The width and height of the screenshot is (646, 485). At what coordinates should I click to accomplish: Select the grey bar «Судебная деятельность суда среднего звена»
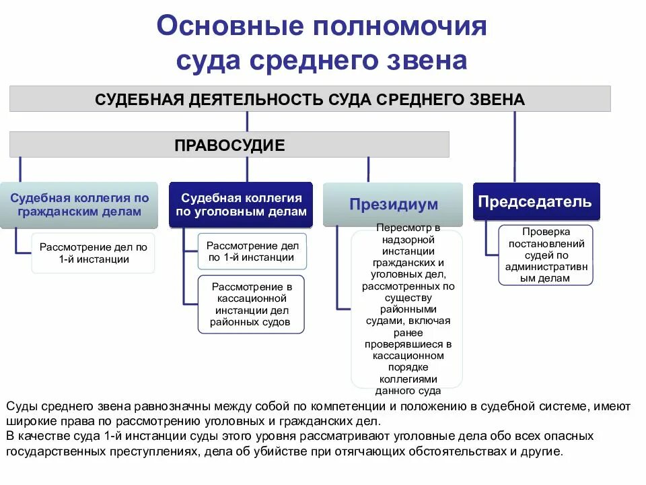point(310,99)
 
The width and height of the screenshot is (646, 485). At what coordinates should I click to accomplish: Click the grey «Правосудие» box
point(229,144)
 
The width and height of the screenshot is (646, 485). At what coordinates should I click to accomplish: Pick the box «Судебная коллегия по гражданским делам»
point(79,205)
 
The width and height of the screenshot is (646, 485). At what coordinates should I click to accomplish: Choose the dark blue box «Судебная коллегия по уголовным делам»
point(241,205)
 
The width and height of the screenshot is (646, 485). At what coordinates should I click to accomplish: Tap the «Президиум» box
point(393,204)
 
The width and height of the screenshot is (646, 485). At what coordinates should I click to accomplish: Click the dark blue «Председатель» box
point(535,201)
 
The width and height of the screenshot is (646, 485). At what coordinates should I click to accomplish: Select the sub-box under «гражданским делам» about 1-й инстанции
point(93,253)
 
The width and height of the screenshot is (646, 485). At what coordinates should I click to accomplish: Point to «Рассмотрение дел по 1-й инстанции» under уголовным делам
point(251,251)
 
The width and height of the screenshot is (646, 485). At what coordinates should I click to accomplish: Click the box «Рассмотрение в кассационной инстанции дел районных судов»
point(251,304)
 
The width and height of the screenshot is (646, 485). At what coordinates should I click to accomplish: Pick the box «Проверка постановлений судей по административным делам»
point(546,255)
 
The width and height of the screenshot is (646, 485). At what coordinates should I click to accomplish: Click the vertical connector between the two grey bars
point(247,121)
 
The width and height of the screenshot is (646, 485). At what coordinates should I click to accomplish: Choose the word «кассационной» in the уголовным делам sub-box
point(251,299)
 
